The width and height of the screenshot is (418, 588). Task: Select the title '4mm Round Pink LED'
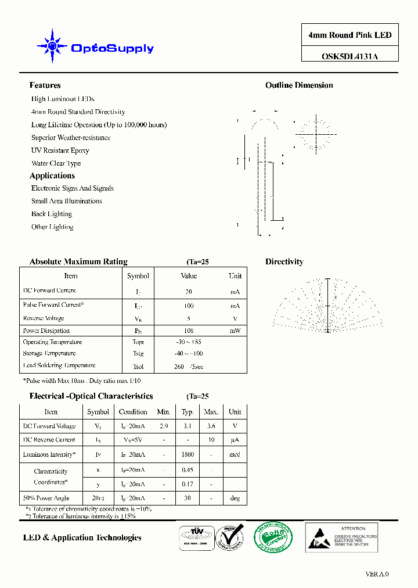349,35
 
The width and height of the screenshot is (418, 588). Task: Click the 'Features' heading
45,85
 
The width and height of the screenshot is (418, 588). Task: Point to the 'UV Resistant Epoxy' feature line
60,150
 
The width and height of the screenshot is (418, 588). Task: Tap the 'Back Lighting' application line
52,214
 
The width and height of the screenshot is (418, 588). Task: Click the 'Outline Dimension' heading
299,85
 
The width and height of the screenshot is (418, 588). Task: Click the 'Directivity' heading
284,262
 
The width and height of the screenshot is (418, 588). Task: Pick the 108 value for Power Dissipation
189,331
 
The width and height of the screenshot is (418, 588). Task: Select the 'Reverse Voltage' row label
44,318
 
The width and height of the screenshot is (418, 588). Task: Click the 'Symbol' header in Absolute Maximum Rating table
138,276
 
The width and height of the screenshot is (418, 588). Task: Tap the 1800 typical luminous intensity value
188,454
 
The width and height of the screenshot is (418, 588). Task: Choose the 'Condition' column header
133,412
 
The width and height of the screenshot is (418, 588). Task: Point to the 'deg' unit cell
235,498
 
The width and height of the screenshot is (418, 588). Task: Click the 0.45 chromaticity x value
188,470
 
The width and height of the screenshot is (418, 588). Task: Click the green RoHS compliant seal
270,537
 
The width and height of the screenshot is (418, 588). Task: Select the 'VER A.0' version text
377,574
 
